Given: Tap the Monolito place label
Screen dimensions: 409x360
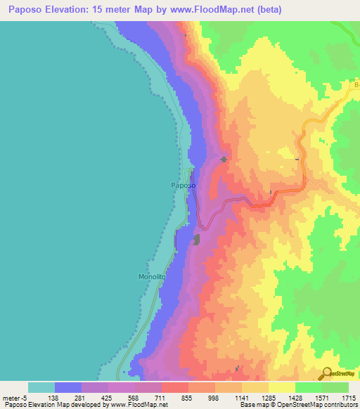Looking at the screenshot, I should tap(151, 277).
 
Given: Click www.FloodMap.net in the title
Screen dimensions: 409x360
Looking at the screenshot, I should tap(215, 10).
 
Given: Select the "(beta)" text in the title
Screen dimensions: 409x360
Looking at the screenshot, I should tap(268, 10).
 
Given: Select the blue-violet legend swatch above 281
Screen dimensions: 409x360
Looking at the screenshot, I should tap(68, 387).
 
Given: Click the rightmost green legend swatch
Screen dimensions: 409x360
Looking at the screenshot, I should tap(335, 387).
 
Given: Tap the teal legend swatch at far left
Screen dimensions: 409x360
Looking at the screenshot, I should tap(41, 387).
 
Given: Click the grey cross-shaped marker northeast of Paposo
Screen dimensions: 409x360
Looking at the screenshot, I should tap(224, 160).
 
